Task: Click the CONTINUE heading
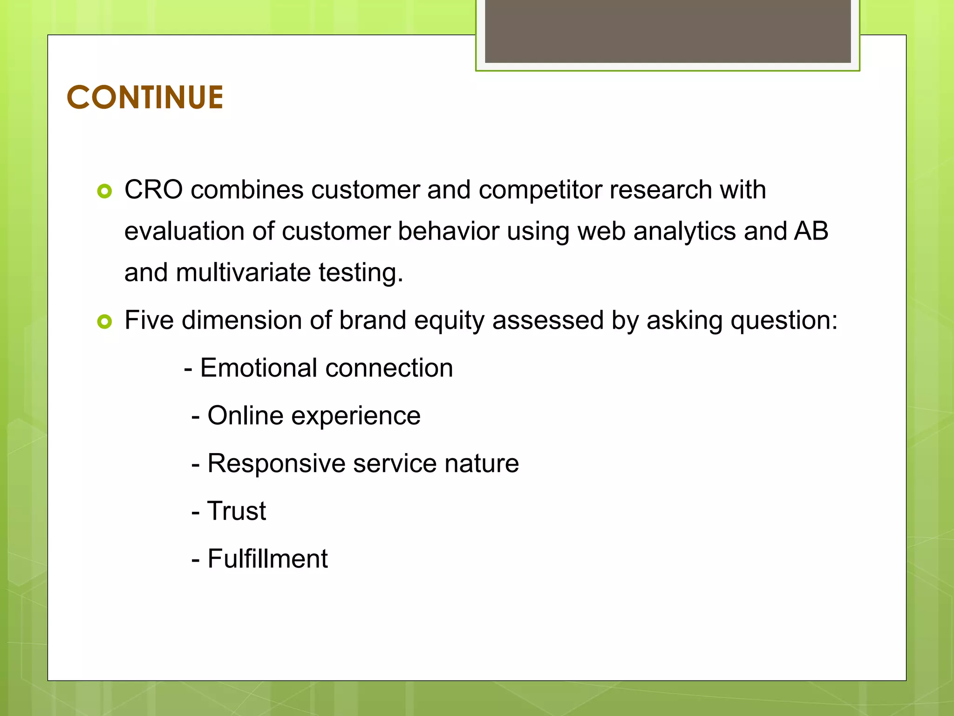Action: coord(145,98)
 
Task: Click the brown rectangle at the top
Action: coord(668,31)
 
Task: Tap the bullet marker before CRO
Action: coord(105,191)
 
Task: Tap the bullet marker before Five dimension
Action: coord(105,322)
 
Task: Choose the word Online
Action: coord(245,416)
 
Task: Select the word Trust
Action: coord(236,511)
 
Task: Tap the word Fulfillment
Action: coord(267,559)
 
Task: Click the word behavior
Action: coord(448,232)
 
